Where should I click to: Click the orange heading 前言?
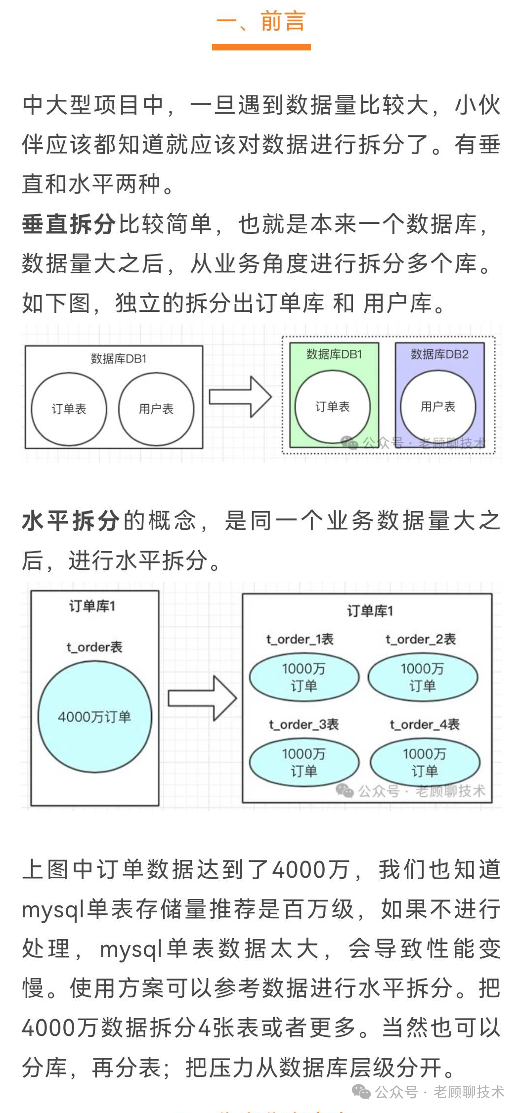(282, 21)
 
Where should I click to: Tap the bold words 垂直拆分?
(69, 224)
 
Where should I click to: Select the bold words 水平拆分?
(71, 521)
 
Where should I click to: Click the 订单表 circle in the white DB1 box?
(69, 409)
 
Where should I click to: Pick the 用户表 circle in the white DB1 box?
(156, 409)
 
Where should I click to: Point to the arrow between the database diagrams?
(240, 397)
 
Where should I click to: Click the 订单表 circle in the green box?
(333, 406)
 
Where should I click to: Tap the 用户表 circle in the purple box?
(438, 406)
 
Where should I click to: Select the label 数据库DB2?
(439, 354)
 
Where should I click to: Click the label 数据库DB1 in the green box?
(334, 354)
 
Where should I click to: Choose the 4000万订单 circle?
(94, 717)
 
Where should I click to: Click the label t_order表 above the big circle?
(94, 647)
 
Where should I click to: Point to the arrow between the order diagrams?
(202, 698)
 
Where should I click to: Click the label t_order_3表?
(304, 725)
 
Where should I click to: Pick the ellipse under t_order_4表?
(425, 762)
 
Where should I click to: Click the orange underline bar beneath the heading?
(261, 47)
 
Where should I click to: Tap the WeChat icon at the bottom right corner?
(361, 1092)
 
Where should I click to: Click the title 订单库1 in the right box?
(370, 611)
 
